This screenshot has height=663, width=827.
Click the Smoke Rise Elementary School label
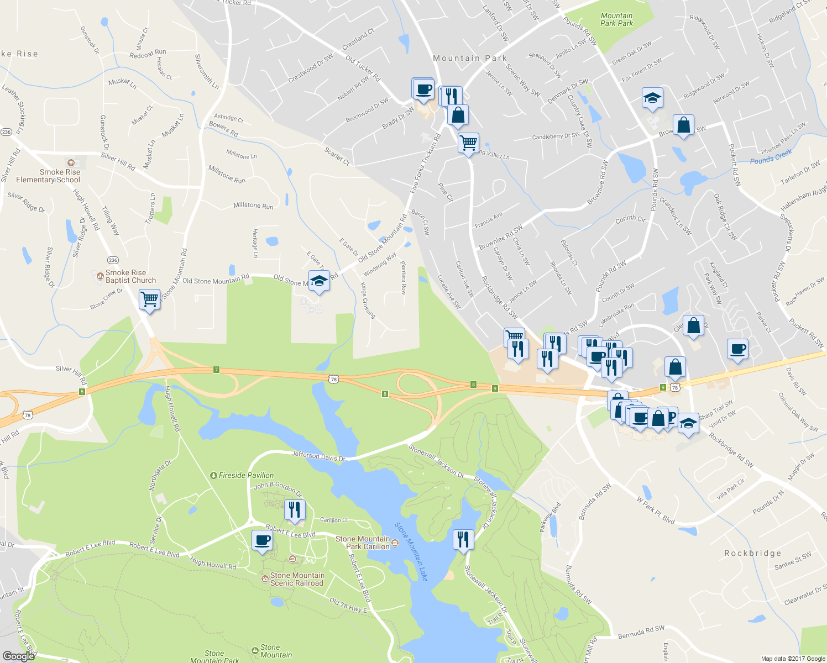48,176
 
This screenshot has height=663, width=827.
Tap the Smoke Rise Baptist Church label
130,276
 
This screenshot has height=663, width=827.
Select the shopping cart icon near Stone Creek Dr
149,299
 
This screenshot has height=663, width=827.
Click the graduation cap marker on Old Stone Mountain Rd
319,281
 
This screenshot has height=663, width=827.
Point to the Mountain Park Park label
616,20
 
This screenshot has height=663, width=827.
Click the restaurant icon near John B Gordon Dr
295,509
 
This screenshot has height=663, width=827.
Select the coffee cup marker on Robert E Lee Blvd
262,540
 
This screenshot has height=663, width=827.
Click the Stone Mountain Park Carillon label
363,543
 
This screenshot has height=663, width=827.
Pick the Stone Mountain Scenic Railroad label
296,579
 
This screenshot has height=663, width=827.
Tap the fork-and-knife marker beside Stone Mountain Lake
463,539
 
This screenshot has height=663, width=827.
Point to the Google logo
19,656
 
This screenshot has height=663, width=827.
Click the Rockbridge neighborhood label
752,553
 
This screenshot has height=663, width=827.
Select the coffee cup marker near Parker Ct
737,349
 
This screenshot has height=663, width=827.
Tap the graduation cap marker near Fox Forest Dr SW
652,98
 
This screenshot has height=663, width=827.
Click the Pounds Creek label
771,157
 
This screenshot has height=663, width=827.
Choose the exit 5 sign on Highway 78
82,392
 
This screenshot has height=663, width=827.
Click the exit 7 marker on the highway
217,370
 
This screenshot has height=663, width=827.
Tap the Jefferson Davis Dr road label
318,456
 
